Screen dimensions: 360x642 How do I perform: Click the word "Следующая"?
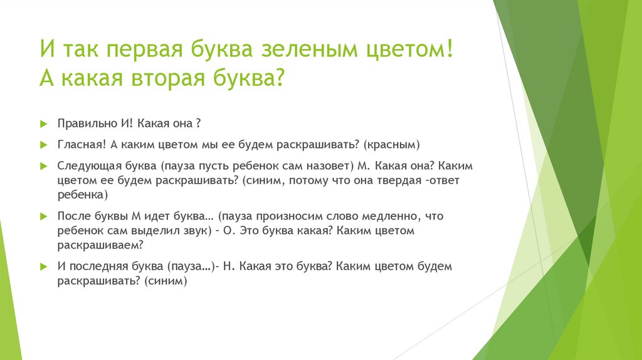click(x=86, y=167)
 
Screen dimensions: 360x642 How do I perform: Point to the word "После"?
click(x=72, y=216)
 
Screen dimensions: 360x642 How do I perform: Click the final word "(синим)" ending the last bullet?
click(x=166, y=281)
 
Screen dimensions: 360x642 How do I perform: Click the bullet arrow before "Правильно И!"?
click(x=43, y=122)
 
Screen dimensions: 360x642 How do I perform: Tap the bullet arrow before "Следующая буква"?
click(x=43, y=167)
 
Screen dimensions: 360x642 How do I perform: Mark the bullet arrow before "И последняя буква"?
click(x=43, y=267)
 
